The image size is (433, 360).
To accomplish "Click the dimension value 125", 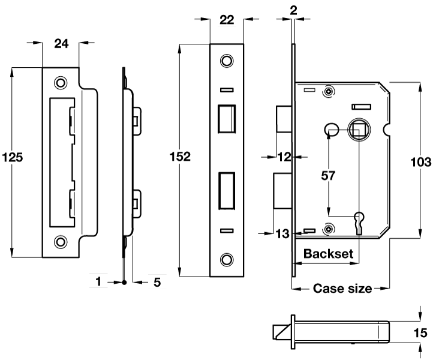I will click(13, 158).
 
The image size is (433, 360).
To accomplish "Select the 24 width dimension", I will click(61, 43).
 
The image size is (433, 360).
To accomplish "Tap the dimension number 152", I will click(180, 157).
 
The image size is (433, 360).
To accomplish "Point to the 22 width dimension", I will click(227, 20).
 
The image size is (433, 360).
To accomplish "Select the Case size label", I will click(342, 289).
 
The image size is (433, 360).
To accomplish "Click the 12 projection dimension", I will click(285, 157).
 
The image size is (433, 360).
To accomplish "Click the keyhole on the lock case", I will click(359, 220).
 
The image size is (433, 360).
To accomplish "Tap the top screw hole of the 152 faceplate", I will click(226, 61).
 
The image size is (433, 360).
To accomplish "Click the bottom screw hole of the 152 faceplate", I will click(226, 259).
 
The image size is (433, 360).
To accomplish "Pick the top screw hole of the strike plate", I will click(61, 82).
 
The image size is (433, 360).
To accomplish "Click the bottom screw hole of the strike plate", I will click(61, 242).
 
